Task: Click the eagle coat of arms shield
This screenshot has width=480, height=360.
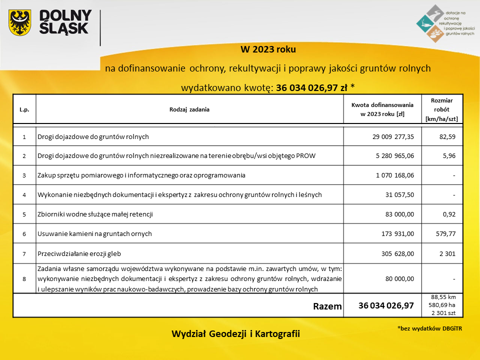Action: pyautogui.click(x=20, y=23)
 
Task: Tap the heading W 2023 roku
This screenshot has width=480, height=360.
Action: pyautogui.click(x=268, y=49)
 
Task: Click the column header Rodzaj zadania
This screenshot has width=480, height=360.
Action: pyautogui.click(x=189, y=109)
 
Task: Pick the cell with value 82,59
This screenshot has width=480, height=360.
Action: pyautogui.click(x=447, y=136)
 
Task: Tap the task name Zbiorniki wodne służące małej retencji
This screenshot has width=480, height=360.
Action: pyautogui.click(x=95, y=214)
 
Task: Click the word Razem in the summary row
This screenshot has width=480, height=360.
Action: pyautogui.click(x=327, y=305)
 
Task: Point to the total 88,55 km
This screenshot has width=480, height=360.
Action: pyautogui.click(x=442, y=297)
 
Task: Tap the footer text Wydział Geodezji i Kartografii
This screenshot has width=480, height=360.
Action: pyautogui.click(x=235, y=333)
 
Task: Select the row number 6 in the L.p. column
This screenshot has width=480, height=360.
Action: pyautogui.click(x=24, y=234)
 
